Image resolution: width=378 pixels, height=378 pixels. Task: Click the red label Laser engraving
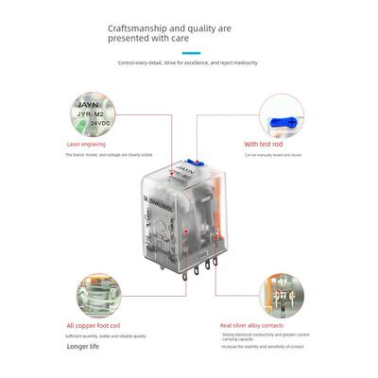(86, 145)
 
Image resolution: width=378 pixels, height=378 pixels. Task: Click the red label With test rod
(265, 145)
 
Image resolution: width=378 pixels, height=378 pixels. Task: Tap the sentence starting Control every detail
(188, 62)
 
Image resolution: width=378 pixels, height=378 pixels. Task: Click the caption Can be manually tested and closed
(274, 153)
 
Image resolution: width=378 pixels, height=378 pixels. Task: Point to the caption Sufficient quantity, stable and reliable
(106, 335)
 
